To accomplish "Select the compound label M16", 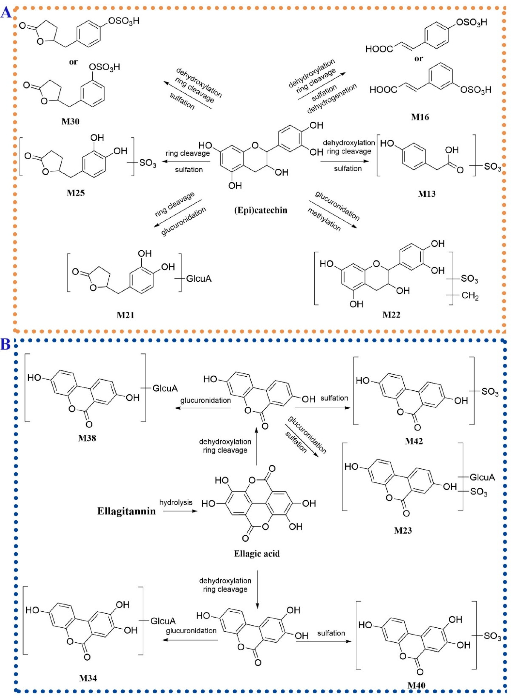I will pos(420,117).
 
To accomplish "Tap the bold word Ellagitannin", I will pos(126,511).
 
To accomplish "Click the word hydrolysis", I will pos(176,502).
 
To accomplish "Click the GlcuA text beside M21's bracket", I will pos(199,279).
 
